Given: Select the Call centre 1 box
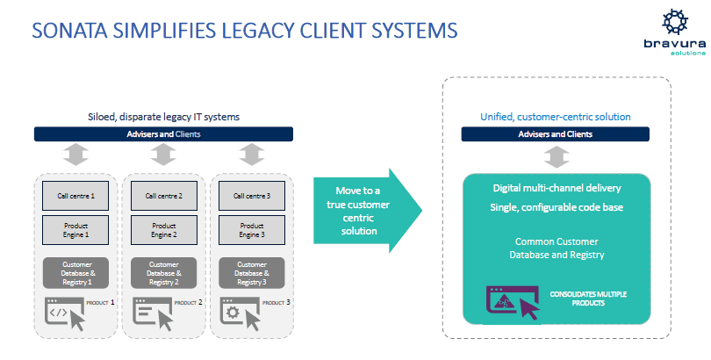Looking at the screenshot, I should (x=75, y=196).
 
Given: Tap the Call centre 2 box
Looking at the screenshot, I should (x=163, y=196).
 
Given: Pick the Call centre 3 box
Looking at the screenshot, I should (x=251, y=196).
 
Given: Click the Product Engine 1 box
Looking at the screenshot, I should (x=75, y=230).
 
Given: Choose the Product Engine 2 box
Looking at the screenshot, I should (x=163, y=230).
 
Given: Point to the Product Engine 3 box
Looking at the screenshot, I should (x=251, y=230).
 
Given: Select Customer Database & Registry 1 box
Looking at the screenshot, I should (x=75, y=271).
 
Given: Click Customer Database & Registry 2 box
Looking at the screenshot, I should (x=163, y=271).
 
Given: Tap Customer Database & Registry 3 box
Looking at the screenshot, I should (x=251, y=271).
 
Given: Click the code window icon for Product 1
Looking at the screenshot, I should (x=64, y=313).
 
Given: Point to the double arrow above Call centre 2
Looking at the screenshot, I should (x=163, y=155).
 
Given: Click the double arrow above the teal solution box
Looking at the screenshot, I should (x=555, y=156).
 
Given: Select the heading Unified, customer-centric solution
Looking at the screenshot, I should (x=555, y=117).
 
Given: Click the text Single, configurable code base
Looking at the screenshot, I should (x=555, y=206).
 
